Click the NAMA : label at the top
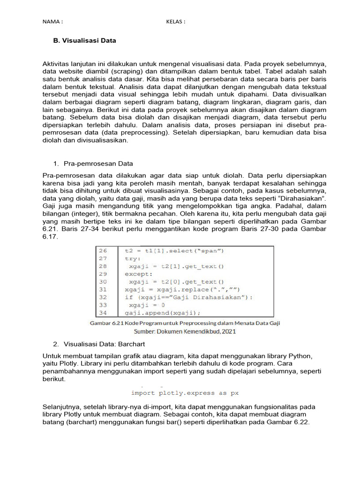[52, 22]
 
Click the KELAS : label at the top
[176, 22]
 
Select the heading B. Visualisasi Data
[84, 41]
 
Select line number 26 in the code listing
[103, 250]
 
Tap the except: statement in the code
[138, 274]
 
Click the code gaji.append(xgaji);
[162, 313]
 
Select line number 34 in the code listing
[103, 313]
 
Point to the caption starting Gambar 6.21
[185, 323]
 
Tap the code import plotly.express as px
[185, 393]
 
